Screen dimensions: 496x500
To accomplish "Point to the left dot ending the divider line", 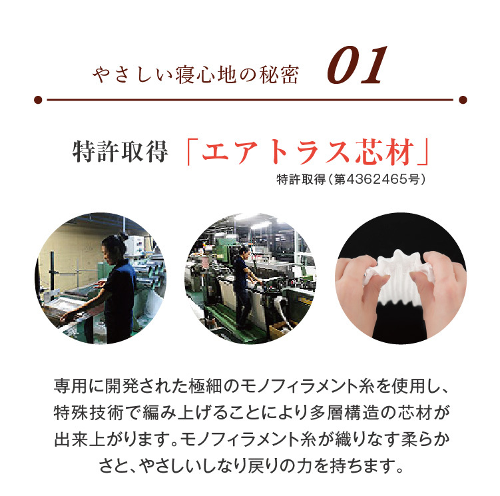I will pos(37,100).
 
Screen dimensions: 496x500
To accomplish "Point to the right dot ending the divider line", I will pos(462,100).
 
